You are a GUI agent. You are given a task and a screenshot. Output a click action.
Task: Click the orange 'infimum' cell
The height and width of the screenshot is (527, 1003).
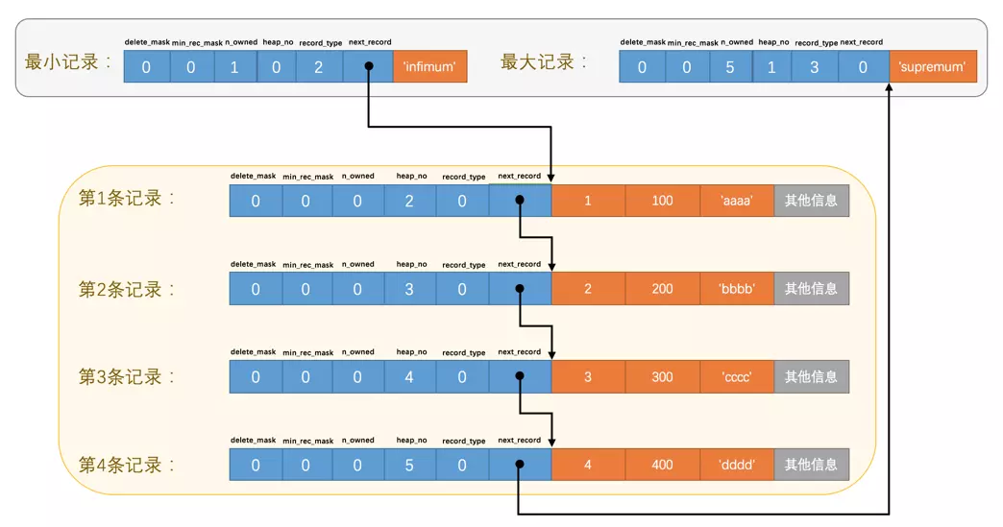coord(429,66)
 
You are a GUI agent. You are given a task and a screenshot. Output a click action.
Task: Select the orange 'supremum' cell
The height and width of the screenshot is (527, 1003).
coord(933,66)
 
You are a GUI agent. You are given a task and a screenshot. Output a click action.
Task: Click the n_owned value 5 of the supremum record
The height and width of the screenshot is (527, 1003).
coord(730,66)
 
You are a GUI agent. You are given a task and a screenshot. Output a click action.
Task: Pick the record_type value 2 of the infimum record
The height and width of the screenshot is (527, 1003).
coord(319,66)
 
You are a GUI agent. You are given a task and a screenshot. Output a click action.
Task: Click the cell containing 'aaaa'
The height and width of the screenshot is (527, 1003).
coord(737,201)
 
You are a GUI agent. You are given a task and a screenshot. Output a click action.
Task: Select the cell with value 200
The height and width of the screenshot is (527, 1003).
coord(663,289)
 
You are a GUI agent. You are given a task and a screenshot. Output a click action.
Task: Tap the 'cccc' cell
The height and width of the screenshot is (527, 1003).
coord(737,377)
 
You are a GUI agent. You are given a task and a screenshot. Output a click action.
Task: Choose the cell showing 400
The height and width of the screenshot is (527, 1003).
coord(663,465)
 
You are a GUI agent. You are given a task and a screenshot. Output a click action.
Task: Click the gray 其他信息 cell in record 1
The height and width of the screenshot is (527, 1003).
coord(811,201)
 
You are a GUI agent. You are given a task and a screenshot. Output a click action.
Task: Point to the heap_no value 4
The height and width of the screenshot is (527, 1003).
coord(409,377)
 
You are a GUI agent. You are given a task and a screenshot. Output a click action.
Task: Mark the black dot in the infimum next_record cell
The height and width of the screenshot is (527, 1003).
coord(369,66)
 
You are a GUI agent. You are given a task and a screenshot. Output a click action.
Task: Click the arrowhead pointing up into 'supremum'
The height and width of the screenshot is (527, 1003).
coord(889,86)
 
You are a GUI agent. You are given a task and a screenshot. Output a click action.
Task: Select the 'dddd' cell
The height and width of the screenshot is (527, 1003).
coord(737,465)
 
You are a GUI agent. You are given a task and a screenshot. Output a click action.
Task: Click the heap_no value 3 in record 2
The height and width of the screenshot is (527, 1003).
coord(409,289)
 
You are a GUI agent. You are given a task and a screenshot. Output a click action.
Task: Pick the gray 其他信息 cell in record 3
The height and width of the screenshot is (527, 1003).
coord(811,377)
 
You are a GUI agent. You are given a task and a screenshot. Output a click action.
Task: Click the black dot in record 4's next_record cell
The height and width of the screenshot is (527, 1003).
coord(520,465)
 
